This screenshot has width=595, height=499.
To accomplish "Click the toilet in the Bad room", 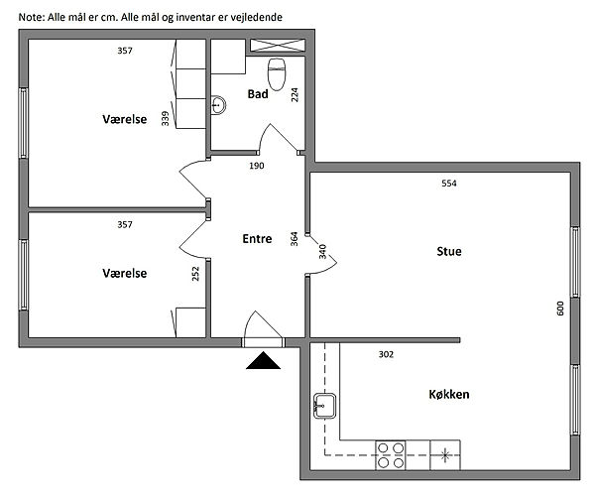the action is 277,74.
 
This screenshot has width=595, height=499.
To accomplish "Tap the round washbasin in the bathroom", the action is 218,105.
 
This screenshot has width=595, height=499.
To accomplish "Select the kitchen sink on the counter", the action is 324,406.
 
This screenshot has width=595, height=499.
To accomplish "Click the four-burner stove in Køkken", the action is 391,455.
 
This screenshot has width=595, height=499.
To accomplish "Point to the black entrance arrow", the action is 263,360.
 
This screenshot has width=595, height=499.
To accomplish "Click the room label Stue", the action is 449,252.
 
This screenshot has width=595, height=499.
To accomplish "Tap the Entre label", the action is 257,239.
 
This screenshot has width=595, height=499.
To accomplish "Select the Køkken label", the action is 449,394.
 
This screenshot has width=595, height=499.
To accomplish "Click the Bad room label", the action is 258,93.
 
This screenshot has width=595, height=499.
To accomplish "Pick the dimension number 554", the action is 449,184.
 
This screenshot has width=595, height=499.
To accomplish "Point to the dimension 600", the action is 560,309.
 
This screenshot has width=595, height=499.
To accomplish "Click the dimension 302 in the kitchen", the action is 386,354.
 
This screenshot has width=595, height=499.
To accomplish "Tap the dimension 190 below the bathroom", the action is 257,166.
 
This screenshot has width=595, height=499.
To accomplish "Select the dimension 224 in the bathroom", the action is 295,94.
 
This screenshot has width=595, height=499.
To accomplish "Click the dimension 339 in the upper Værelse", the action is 165,118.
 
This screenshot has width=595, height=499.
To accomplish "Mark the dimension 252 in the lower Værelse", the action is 195,274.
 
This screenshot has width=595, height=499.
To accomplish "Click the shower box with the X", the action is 278,46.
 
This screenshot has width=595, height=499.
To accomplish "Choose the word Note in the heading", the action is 31,17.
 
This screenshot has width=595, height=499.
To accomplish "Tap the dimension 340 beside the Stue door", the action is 322,252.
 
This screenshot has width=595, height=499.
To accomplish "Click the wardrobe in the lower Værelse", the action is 190,322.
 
